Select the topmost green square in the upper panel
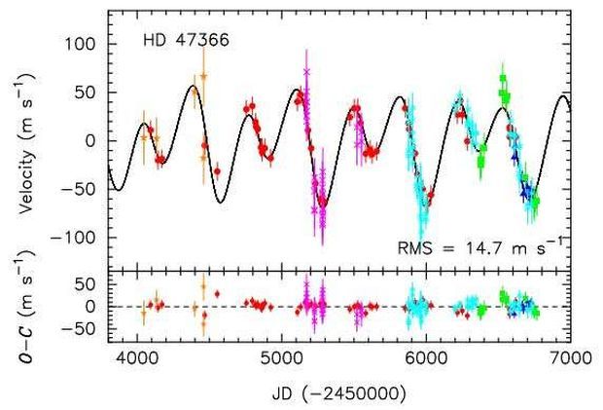pos(503,79)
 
